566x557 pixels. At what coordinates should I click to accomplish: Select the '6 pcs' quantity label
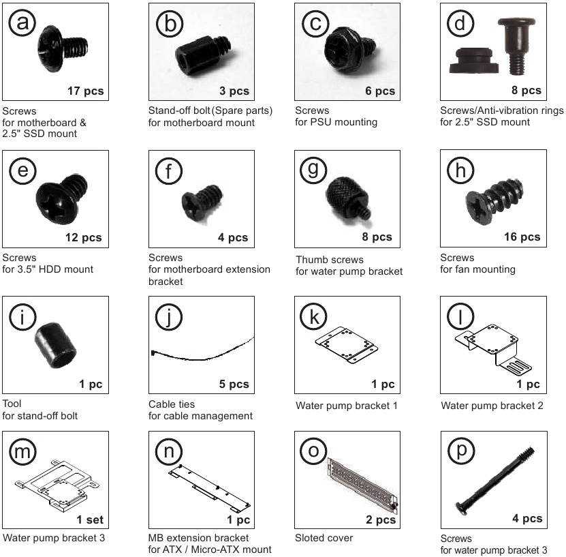pyautogui.click(x=380, y=91)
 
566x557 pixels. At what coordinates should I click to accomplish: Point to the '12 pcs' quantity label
pyautogui.click(x=82, y=238)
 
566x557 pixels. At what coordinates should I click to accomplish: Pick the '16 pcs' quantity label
pyautogui.click(x=521, y=237)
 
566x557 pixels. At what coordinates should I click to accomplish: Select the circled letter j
pyautogui.click(x=170, y=316)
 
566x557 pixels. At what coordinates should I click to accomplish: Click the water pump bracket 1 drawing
pyautogui.click(x=347, y=346)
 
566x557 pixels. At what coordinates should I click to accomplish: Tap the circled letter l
pyautogui.click(x=460, y=316)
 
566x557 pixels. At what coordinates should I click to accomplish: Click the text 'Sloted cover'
pyautogui.click(x=324, y=538)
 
